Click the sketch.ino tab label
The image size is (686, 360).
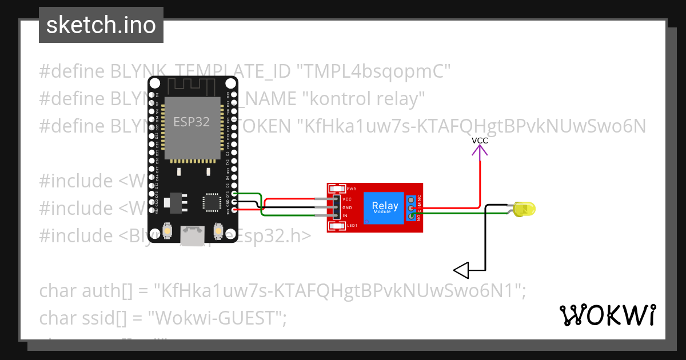pyautogui.click(x=101, y=25)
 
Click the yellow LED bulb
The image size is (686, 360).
pyautogui.click(x=523, y=209)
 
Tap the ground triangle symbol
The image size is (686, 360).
pyautogui.click(x=461, y=269)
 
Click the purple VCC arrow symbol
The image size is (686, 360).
pyautogui.click(x=480, y=150)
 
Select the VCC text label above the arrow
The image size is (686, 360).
pyautogui.click(x=480, y=140)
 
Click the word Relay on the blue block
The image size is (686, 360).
pyautogui.click(x=385, y=206)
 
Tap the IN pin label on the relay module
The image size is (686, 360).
pyautogui.click(x=345, y=216)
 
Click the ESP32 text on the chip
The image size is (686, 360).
pyautogui.click(x=192, y=122)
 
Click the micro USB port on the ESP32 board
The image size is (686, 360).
pyautogui.click(x=193, y=235)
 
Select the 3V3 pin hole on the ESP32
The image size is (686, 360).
pyautogui.click(x=233, y=210)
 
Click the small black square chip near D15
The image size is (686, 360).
pyautogui.click(x=211, y=202)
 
